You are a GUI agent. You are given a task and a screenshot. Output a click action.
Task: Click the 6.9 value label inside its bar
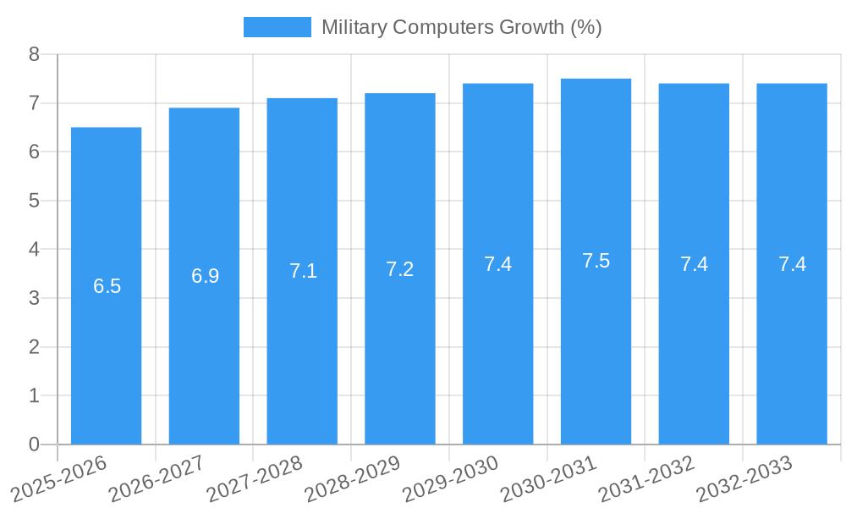tap(205, 276)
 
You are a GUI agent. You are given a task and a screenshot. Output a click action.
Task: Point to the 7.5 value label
tap(596, 261)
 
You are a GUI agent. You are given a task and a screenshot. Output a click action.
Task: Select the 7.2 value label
tap(399, 269)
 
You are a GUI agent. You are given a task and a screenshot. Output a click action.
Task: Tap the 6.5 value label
tap(107, 286)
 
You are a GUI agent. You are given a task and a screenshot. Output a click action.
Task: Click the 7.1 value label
tap(303, 271)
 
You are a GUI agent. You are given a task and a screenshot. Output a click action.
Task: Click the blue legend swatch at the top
tap(277, 27)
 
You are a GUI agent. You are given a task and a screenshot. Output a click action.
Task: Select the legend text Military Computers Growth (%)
tap(461, 27)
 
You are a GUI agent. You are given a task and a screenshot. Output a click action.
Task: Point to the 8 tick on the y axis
tap(34, 54)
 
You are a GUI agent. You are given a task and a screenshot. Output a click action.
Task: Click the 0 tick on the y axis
tap(34, 444)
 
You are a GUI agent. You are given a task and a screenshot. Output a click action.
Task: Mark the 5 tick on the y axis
tap(34, 201)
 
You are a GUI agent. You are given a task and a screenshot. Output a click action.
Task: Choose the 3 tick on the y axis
tap(34, 298)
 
